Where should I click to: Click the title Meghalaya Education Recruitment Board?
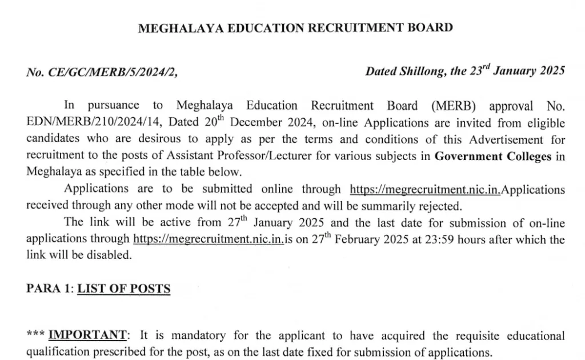click(x=295, y=28)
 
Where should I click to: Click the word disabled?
click(x=112, y=255)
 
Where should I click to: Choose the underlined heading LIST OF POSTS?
click(x=124, y=289)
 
